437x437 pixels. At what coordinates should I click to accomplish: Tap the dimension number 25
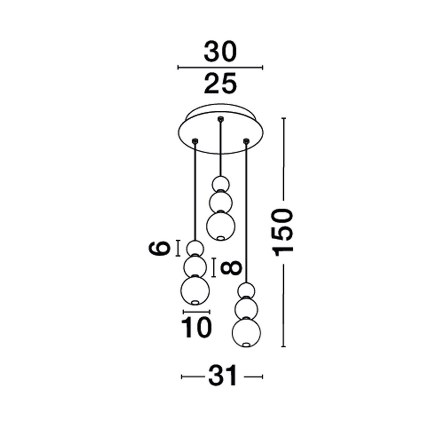pos(220,83)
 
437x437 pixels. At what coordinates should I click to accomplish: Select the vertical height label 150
pos(284,232)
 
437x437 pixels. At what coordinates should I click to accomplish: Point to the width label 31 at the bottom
pos(222,376)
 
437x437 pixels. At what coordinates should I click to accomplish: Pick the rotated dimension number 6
pos(160,249)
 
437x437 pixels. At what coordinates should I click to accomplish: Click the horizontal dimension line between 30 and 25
pos(220,67)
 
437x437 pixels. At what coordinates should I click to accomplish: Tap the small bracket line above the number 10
pos(197,312)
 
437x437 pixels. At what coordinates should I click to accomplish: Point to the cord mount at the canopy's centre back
pos(220,118)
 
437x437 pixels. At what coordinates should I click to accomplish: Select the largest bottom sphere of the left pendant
pos(196,290)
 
